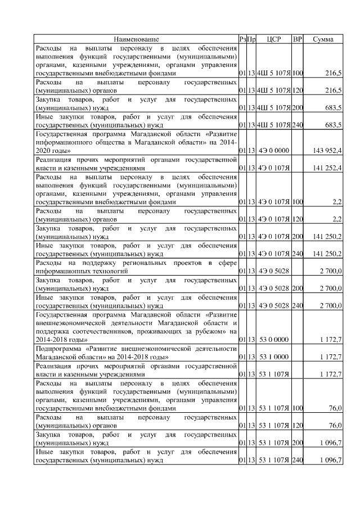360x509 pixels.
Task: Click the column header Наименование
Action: (136, 39)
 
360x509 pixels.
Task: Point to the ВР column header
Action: (298, 39)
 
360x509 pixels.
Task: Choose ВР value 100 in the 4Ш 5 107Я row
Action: (298, 73)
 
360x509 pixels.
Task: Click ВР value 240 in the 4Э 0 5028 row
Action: (298, 305)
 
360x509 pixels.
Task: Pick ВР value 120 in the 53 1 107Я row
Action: (298, 426)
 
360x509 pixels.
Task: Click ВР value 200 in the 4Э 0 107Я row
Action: (298, 237)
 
